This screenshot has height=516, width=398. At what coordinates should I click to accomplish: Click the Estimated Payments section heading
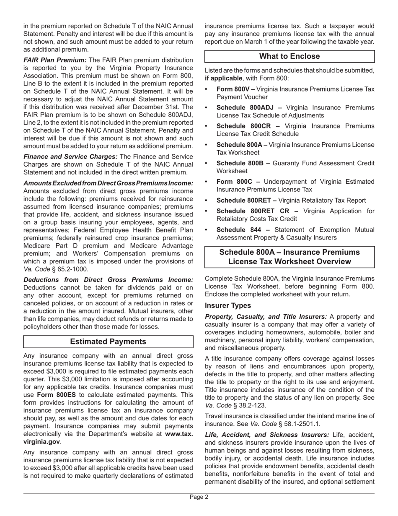point(108,341)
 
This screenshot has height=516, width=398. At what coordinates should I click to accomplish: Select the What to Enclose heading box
point(289,56)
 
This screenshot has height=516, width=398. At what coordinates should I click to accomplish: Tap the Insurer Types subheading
point(228,305)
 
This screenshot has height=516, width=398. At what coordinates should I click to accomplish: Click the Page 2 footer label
point(199,497)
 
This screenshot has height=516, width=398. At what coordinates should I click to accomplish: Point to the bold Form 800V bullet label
point(235,89)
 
